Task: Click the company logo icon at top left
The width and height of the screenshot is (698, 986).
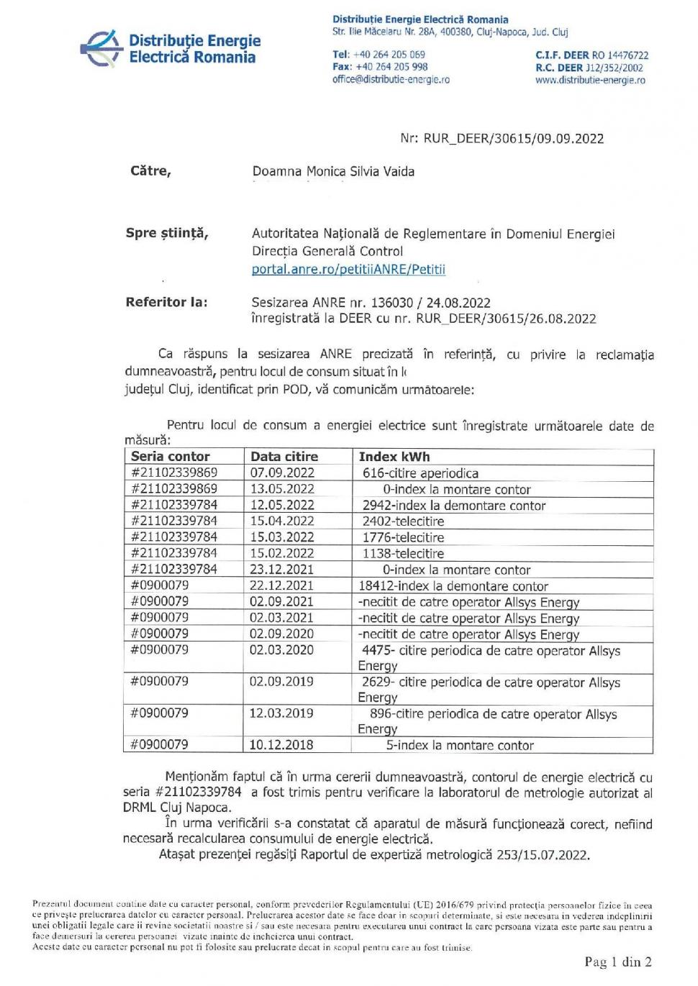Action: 101,48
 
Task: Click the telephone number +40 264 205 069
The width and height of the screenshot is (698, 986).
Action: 379,55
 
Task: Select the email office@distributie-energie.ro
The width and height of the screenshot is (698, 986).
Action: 391,80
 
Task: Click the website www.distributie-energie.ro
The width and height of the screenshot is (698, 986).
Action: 589,81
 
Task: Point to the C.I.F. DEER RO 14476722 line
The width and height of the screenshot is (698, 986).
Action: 592,55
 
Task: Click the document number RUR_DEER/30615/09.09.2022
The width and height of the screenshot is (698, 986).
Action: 502,139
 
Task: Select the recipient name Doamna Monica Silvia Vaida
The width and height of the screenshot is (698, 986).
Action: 333,172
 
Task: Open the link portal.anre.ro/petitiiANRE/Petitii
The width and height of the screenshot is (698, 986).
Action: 348,270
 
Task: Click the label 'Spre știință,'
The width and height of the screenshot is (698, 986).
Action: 167,233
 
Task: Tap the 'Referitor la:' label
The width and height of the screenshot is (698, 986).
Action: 166,302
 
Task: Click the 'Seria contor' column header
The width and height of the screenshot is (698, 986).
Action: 171,457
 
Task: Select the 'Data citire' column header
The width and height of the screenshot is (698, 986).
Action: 284,457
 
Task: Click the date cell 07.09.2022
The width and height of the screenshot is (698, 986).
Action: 282,473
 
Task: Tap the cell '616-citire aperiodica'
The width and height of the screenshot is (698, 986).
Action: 420,473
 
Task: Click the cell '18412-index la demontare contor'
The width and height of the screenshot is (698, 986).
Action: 453,586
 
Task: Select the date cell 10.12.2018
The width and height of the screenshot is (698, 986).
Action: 281,745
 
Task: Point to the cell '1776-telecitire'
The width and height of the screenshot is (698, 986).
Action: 403,538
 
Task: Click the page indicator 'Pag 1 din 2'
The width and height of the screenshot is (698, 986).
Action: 617,962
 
